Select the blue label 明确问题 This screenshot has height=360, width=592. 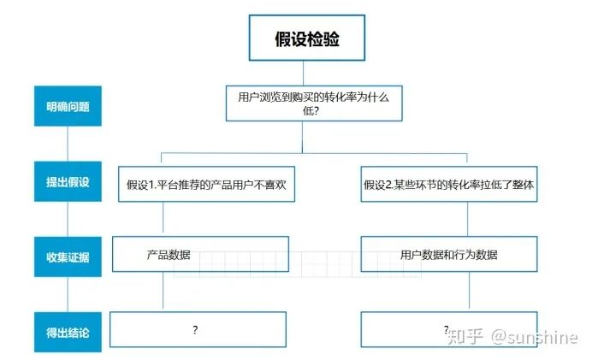point(68,108)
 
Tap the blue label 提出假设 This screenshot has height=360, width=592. point(68,182)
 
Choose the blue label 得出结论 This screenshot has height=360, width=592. point(68,331)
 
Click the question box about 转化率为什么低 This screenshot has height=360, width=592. point(312,104)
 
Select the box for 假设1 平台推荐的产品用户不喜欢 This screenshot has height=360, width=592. point(207,184)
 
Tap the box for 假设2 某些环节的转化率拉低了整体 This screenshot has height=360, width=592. point(449,184)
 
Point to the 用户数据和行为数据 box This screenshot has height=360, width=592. point(449,255)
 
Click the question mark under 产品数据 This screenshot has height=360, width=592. point(195,329)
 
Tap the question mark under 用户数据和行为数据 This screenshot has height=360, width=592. point(446,328)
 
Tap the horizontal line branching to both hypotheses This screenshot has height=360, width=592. point(314,154)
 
